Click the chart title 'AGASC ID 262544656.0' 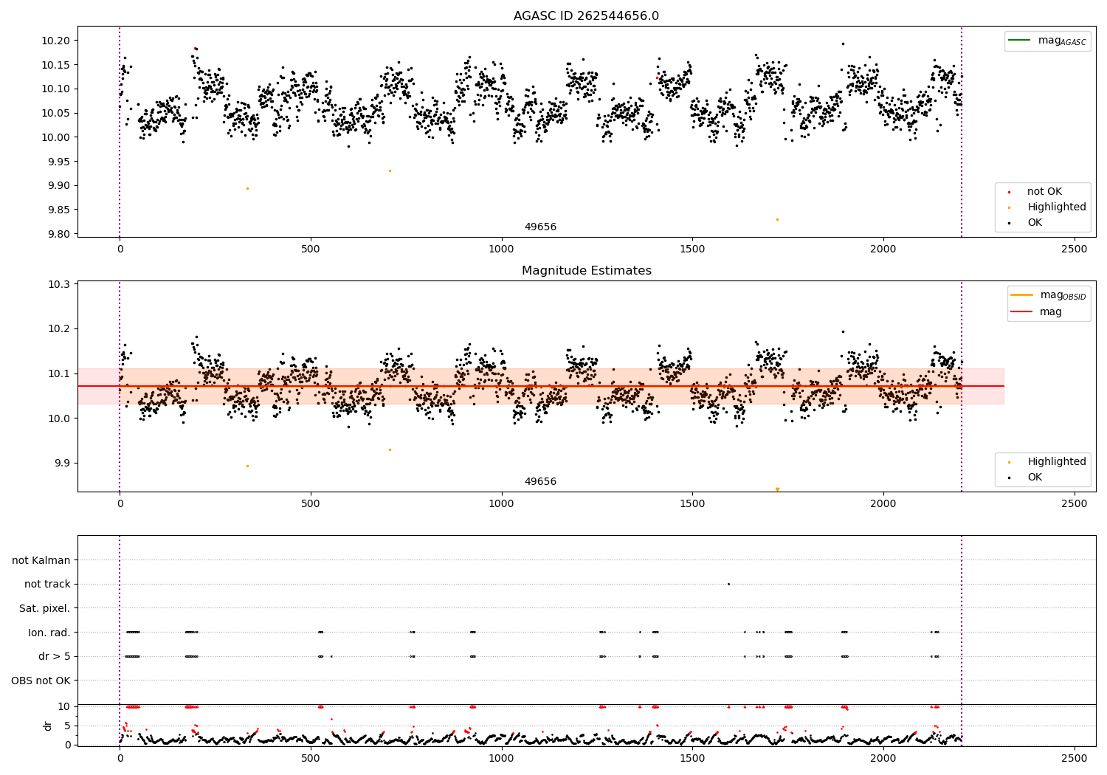tap(586, 16)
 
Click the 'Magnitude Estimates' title tap(586, 271)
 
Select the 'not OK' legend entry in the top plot tap(1044, 192)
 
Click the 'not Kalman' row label tap(41, 560)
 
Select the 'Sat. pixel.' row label tap(44, 608)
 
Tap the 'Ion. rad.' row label tap(49, 633)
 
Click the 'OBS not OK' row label tap(41, 681)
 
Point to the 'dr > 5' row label tap(54, 656)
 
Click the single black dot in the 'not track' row tap(728, 584)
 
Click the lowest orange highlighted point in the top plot tap(777, 219)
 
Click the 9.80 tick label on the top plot tap(58, 234)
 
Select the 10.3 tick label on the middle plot tap(60, 284)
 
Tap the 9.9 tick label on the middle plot tap(61, 464)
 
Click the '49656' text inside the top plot tap(540, 227)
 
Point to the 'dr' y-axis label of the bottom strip tap(48, 726)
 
